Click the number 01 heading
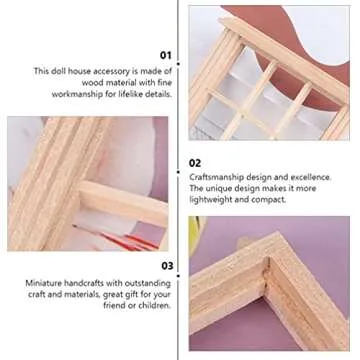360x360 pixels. (166, 56)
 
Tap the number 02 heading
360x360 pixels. (195, 161)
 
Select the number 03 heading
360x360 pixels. (166, 266)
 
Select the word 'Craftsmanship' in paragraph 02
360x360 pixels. (212, 177)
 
